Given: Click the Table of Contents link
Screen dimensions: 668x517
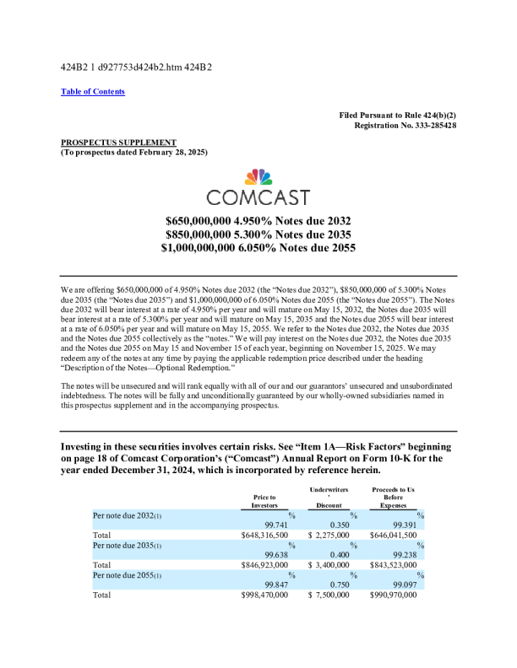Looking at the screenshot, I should coord(93,91).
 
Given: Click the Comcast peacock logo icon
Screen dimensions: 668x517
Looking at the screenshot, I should coord(258,177).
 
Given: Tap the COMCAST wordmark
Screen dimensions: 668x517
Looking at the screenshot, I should coord(258,197).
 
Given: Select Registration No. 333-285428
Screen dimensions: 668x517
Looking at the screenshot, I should coord(405,125).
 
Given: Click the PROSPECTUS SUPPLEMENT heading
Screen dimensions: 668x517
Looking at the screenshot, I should coord(119,142).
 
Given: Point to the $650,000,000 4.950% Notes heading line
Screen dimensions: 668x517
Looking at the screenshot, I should coord(258,219).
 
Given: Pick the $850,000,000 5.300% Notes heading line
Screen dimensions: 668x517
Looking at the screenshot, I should coord(258,234).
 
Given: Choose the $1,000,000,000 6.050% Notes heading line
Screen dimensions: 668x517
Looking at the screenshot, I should coord(258,248).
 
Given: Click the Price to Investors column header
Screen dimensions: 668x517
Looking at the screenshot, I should coord(264,501).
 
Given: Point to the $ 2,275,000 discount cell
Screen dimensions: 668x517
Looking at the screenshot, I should coord(335,535).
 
